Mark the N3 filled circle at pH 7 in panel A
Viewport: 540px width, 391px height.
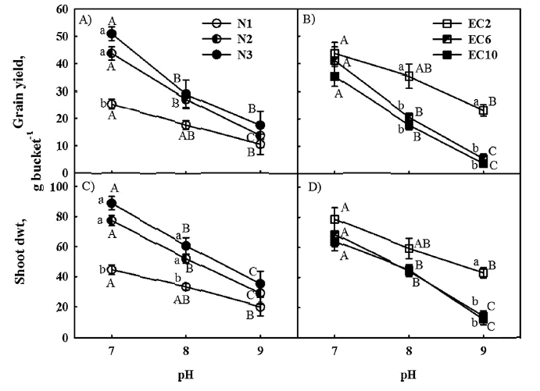[x=112, y=34]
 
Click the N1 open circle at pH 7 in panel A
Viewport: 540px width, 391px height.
[x=112, y=104]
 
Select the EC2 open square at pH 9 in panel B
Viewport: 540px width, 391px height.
[x=483, y=110]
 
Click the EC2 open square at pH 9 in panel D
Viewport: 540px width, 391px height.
[x=483, y=273]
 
